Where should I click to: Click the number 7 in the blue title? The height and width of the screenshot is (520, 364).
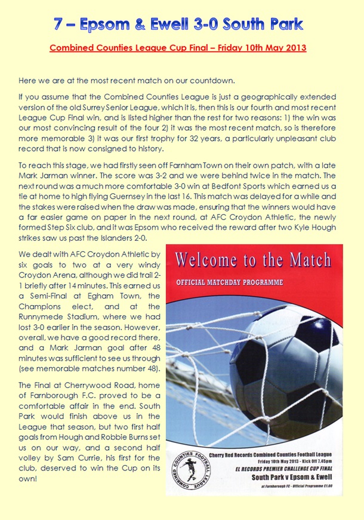[57, 24]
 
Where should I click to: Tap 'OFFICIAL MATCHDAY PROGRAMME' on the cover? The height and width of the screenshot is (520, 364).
[230, 282]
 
